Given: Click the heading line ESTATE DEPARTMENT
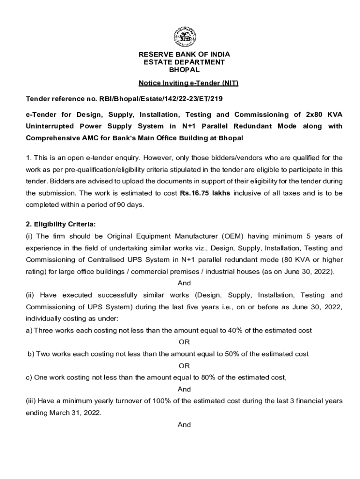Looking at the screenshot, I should pyautogui.click(x=184, y=62).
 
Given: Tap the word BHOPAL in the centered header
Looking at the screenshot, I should pyautogui.click(x=184, y=70).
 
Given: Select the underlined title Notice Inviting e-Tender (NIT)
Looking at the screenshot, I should pyautogui.click(x=188, y=84).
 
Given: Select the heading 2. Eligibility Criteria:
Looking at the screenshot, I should pyautogui.click(x=61, y=224).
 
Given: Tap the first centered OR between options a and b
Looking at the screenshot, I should pyautogui.click(x=184, y=342).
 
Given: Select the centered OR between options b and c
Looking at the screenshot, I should pyautogui.click(x=184, y=366).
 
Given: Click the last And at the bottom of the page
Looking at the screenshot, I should pyautogui.click(x=184, y=425).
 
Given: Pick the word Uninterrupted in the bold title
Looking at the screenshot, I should pyautogui.click(x=49, y=126).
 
